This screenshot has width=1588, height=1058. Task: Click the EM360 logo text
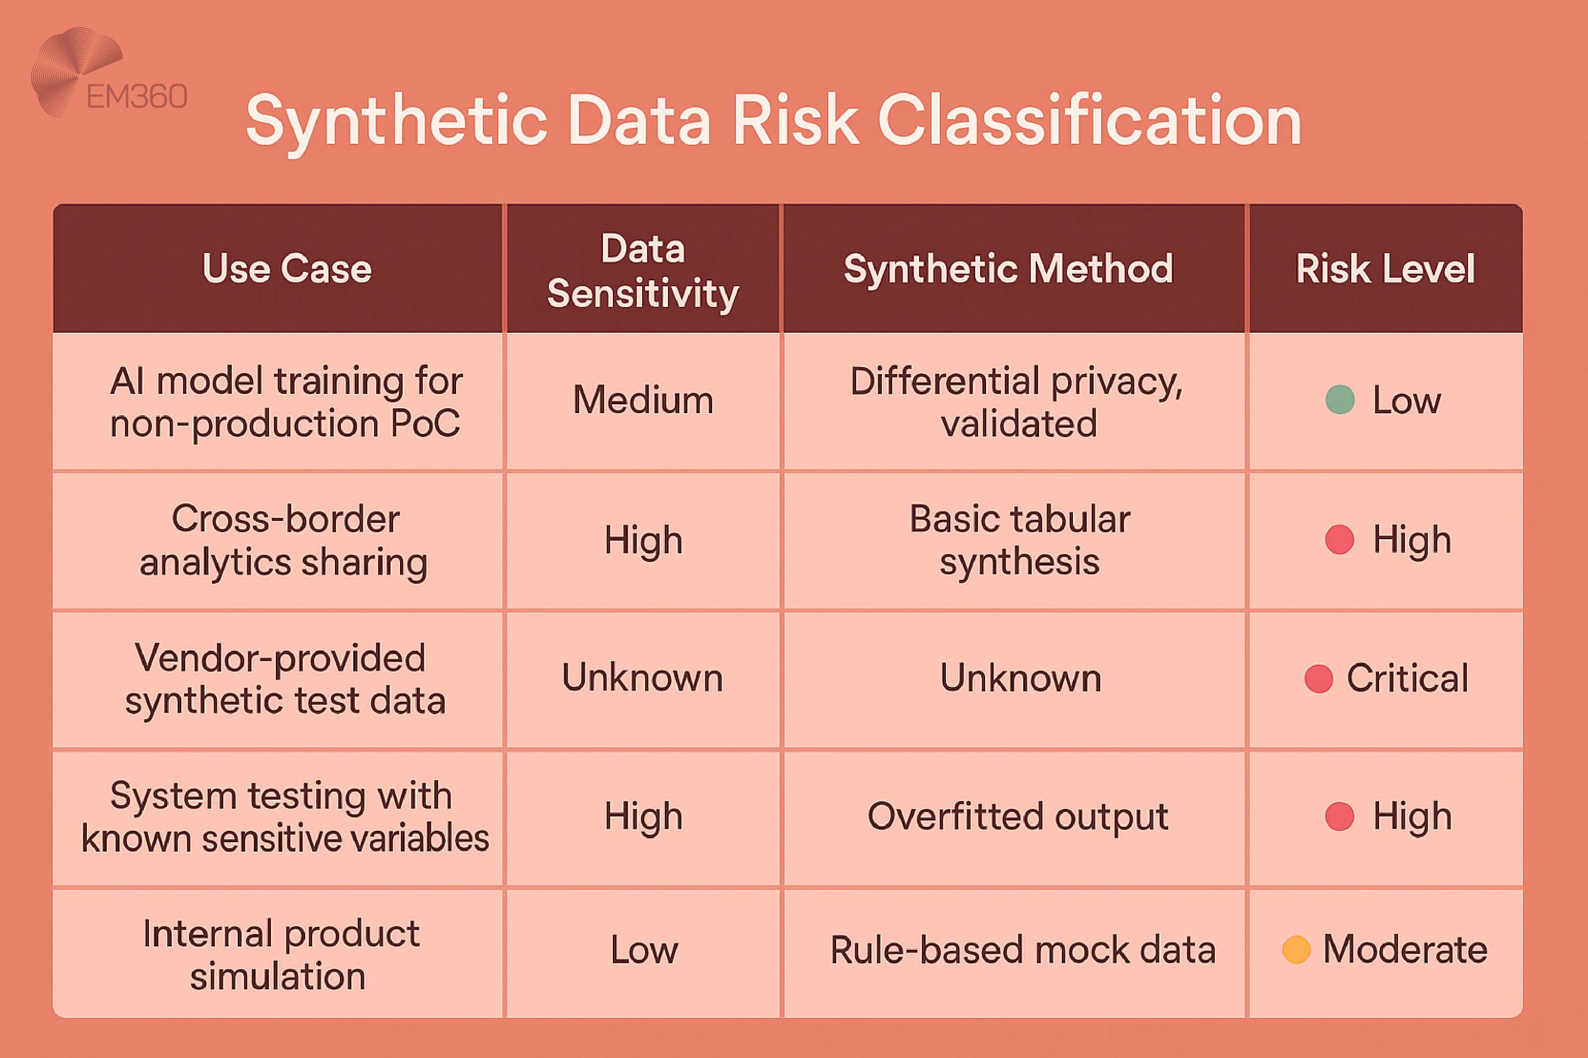point(136,97)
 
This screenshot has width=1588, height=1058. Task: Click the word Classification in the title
point(1089,122)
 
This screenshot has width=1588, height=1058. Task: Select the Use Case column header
point(287,268)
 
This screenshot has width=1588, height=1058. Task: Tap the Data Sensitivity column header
point(643,270)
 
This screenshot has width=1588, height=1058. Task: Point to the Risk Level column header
point(1385,268)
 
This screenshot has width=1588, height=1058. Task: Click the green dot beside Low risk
point(1340,399)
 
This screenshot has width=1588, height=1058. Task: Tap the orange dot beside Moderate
point(1296,949)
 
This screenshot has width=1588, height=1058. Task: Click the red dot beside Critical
point(1318,678)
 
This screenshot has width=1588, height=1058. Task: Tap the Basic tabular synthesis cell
point(1019,541)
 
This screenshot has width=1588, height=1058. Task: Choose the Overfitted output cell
point(1018,816)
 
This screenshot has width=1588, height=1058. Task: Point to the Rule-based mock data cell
point(1022,950)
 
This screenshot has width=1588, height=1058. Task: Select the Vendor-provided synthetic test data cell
point(284,679)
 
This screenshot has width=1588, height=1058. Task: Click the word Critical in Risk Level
point(1407,678)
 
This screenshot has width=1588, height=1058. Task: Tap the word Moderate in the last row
point(1405,949)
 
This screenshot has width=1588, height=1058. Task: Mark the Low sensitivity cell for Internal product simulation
point(644,950)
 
